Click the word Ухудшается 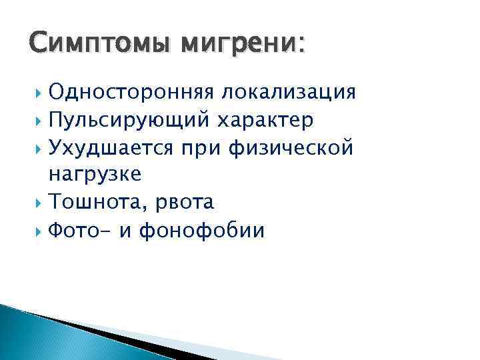(x=106, y=147)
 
